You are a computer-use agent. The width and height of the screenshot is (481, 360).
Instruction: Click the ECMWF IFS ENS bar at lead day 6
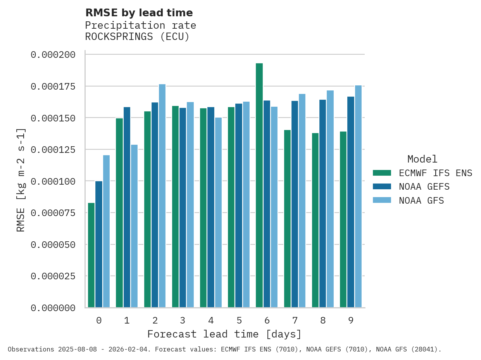tap(259, 185)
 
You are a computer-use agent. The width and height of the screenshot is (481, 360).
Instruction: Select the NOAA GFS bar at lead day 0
tap(106, 231)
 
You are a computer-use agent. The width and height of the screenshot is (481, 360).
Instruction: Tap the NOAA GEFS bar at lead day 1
tap(127, 207)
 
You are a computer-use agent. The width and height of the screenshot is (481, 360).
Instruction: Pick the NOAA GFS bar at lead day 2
tap(162, 196)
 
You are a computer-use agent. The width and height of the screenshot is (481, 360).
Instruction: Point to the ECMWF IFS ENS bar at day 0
tap(91, 255)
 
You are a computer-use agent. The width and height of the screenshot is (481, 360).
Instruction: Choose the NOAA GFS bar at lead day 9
tap(358, 196)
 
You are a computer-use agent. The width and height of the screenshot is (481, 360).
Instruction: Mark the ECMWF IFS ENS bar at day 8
tap(315, 220)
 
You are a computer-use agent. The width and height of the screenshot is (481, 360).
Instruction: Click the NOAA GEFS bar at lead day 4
tap(211, 207)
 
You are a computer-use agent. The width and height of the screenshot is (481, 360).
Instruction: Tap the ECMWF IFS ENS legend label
tap(435, 173)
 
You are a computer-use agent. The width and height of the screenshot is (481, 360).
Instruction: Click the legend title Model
tap(422, 159)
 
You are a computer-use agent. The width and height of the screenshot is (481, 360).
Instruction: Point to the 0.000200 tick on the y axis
tap(53, 55)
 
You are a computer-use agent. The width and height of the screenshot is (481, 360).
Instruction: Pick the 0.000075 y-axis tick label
tap(53, 213)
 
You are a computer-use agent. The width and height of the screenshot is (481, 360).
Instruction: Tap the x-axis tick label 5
tap(239, 320)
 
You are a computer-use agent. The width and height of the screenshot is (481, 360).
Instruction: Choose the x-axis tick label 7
tap(295, 320)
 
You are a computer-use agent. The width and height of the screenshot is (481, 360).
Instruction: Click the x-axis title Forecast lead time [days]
tap(224, 334)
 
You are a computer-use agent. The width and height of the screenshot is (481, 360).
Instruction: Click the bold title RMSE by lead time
tap(139, 13)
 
